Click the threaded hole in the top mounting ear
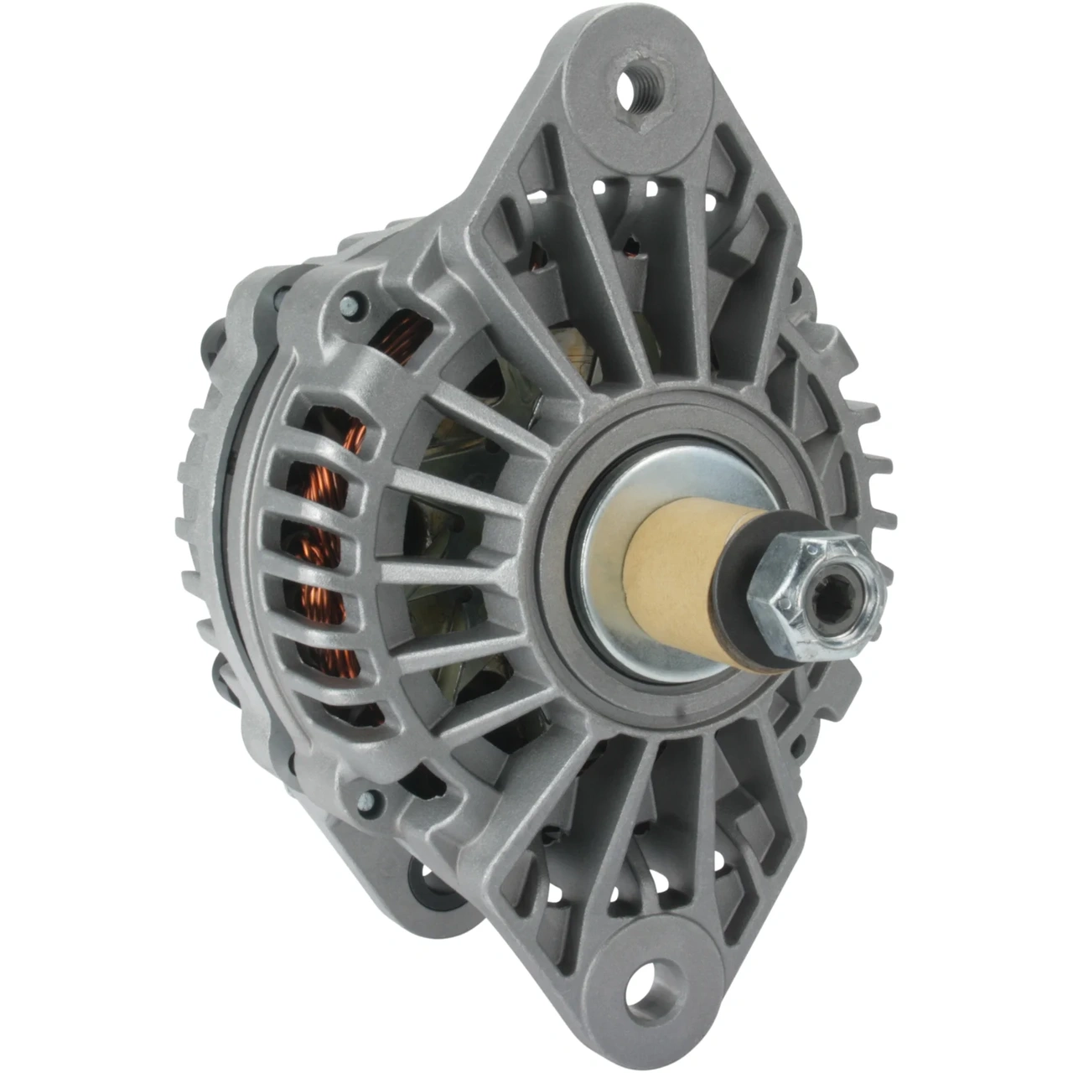[639, 86]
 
